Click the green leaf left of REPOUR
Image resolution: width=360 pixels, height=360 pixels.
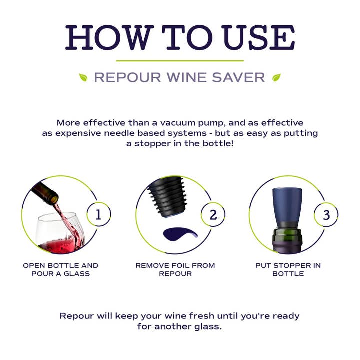[83, 77]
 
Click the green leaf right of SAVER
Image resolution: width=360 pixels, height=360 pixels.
[276, 77]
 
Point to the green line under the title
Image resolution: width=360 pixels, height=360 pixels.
[180, 60]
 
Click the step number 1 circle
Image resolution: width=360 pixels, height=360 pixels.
[98, 215]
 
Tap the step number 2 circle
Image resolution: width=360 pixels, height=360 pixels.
[213, 215]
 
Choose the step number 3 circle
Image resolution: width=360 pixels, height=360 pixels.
[326, 215]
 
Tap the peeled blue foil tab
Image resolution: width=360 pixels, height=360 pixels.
[180, 234]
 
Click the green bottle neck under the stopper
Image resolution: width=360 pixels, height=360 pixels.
[288, 235]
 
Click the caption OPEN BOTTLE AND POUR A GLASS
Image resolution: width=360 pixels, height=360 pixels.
[61, 269]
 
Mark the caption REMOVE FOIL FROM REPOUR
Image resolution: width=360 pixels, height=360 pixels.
[175, 269]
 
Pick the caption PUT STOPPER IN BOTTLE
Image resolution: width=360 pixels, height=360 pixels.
[288, 269]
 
